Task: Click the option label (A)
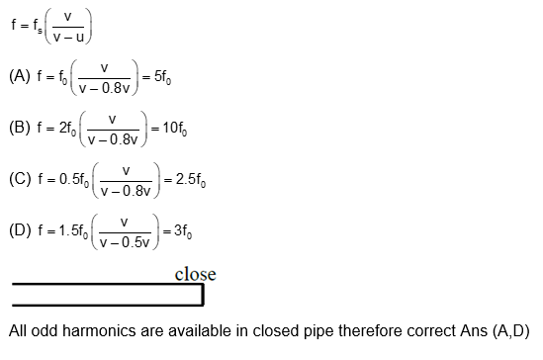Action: click(x=20, y=76)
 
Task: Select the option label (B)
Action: click(x=20, y=129)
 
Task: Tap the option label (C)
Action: click(x=20, y=180)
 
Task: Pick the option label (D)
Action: click(x=20, y=230)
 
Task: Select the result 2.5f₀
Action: click(x=191, y=180)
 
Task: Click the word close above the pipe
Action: click(x=195, y=274)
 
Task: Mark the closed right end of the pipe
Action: click(x=202, y=295)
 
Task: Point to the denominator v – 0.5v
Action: click(x=124, y=241)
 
